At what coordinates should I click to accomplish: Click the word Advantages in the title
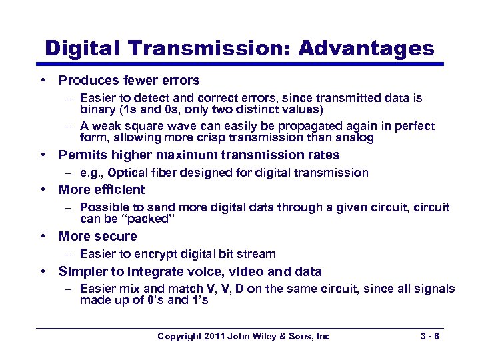(366, 49)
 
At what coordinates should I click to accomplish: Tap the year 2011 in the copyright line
(212, 337)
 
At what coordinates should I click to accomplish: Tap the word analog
(357, 138)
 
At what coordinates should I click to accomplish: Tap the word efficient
(119, 190)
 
